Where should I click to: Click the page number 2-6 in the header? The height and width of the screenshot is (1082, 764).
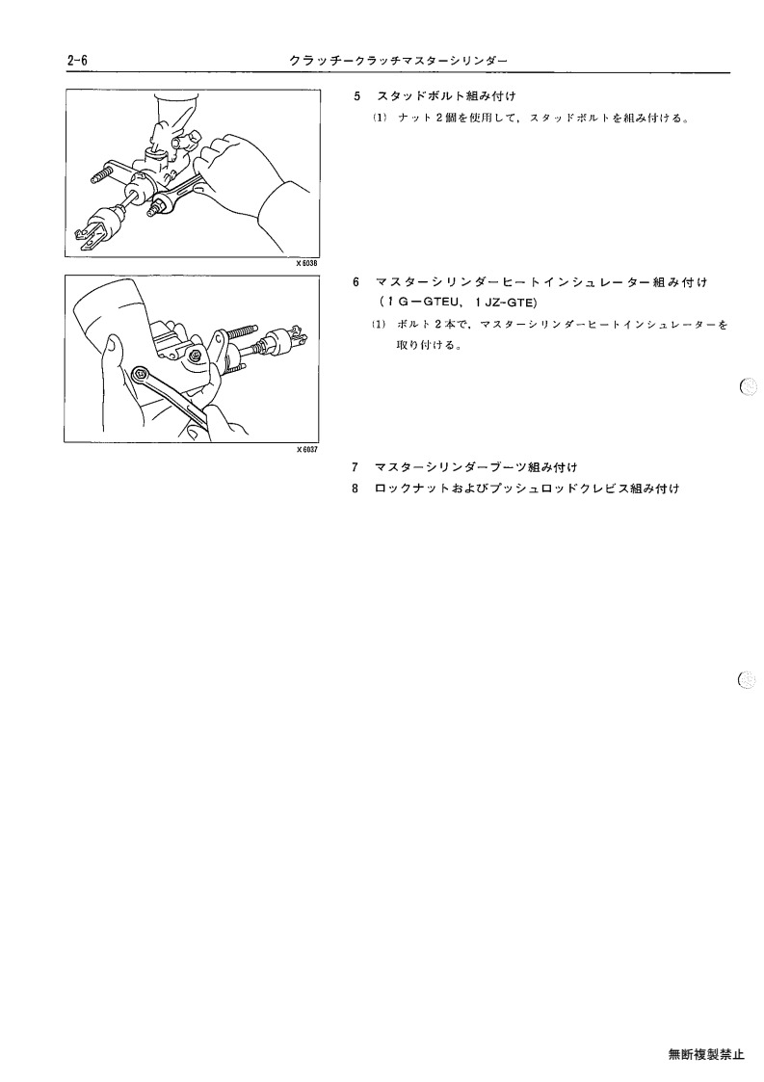coord(77,61)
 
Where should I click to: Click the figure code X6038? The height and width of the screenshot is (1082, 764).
coord(308,263)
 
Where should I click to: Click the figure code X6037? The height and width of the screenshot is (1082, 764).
coord(308,449)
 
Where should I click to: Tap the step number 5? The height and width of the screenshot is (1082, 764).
coord(356,96)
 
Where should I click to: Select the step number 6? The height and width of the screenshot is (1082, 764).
coord(356,282)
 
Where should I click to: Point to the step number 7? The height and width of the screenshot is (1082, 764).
coord(356,468)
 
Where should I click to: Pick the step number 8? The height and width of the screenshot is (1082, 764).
coord(356,488)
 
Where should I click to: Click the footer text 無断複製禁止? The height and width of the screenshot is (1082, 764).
coord(706,1054)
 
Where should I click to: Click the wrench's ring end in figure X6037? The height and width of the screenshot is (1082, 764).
coord(141,374)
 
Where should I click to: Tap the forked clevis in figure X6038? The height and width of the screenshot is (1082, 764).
coord(88,239)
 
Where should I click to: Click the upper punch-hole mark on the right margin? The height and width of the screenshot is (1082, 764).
coord(749,387)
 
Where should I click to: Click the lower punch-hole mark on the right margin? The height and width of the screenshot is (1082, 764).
coord(748,679)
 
